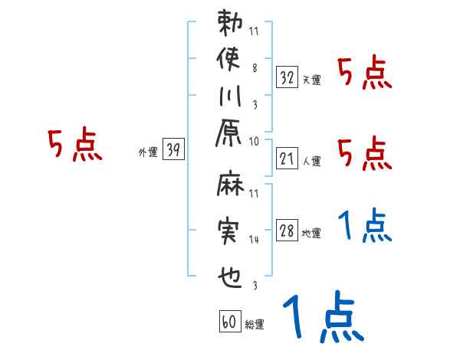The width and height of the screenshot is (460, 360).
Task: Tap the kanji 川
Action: click(x=231, y=100)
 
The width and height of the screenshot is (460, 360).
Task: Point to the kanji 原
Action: click(x=231, y=141)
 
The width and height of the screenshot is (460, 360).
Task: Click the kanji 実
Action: click(x=231, y=231)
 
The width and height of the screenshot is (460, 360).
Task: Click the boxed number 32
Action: click(x=287, y=77)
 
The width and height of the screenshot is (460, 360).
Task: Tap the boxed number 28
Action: click(x=287, y=231)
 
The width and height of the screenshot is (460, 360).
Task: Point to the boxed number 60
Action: click(x=228, y=322)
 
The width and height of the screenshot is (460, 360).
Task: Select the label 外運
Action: click(x=147, y=152)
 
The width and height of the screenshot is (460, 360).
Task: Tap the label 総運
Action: click(x=254, y=325)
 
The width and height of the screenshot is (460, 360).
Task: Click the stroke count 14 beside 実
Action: click(x=255, y=240)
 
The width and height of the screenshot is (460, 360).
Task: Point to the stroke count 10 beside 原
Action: click(x=255, y=141)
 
